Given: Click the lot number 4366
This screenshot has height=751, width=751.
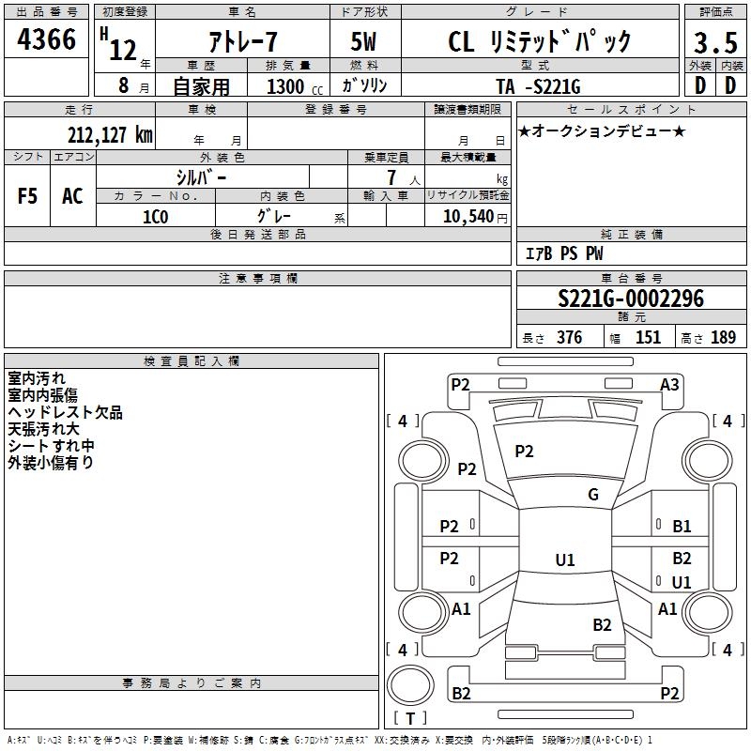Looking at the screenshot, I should [x=47, y=43].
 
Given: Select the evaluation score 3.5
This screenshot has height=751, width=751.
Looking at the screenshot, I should [x=713, y=43].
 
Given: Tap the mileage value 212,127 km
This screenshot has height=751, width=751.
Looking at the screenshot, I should [x=110, y=134].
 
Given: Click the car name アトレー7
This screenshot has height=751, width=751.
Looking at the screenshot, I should [x=242, y=42].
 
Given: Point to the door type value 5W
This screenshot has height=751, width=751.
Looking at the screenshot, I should [x=365, y=42].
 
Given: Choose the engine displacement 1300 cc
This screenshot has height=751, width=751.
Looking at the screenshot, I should [x=289, y=86].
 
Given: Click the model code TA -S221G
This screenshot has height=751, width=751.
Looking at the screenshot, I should [x=539, y=86].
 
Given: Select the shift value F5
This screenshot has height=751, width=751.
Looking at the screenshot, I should [x=28, y=195].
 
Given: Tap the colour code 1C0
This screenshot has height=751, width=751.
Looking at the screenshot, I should [x=155, y=216].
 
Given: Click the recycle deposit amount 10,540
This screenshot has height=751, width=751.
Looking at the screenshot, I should [x=467, y=216].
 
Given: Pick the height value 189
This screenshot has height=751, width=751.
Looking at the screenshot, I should [x=723, y=338].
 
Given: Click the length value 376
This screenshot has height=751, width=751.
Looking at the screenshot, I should [x=568, y=338].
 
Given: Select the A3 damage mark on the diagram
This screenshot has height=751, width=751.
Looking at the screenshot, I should [x=669, y=384].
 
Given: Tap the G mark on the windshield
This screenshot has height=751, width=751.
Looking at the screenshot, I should [x=593, y=495].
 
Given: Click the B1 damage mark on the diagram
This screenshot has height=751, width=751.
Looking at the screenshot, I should [x=682, y=527].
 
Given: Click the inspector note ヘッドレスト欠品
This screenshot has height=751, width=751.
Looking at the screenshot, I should [x=65, y=412].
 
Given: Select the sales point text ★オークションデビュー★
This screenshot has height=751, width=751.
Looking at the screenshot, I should [x=601, y=130].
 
